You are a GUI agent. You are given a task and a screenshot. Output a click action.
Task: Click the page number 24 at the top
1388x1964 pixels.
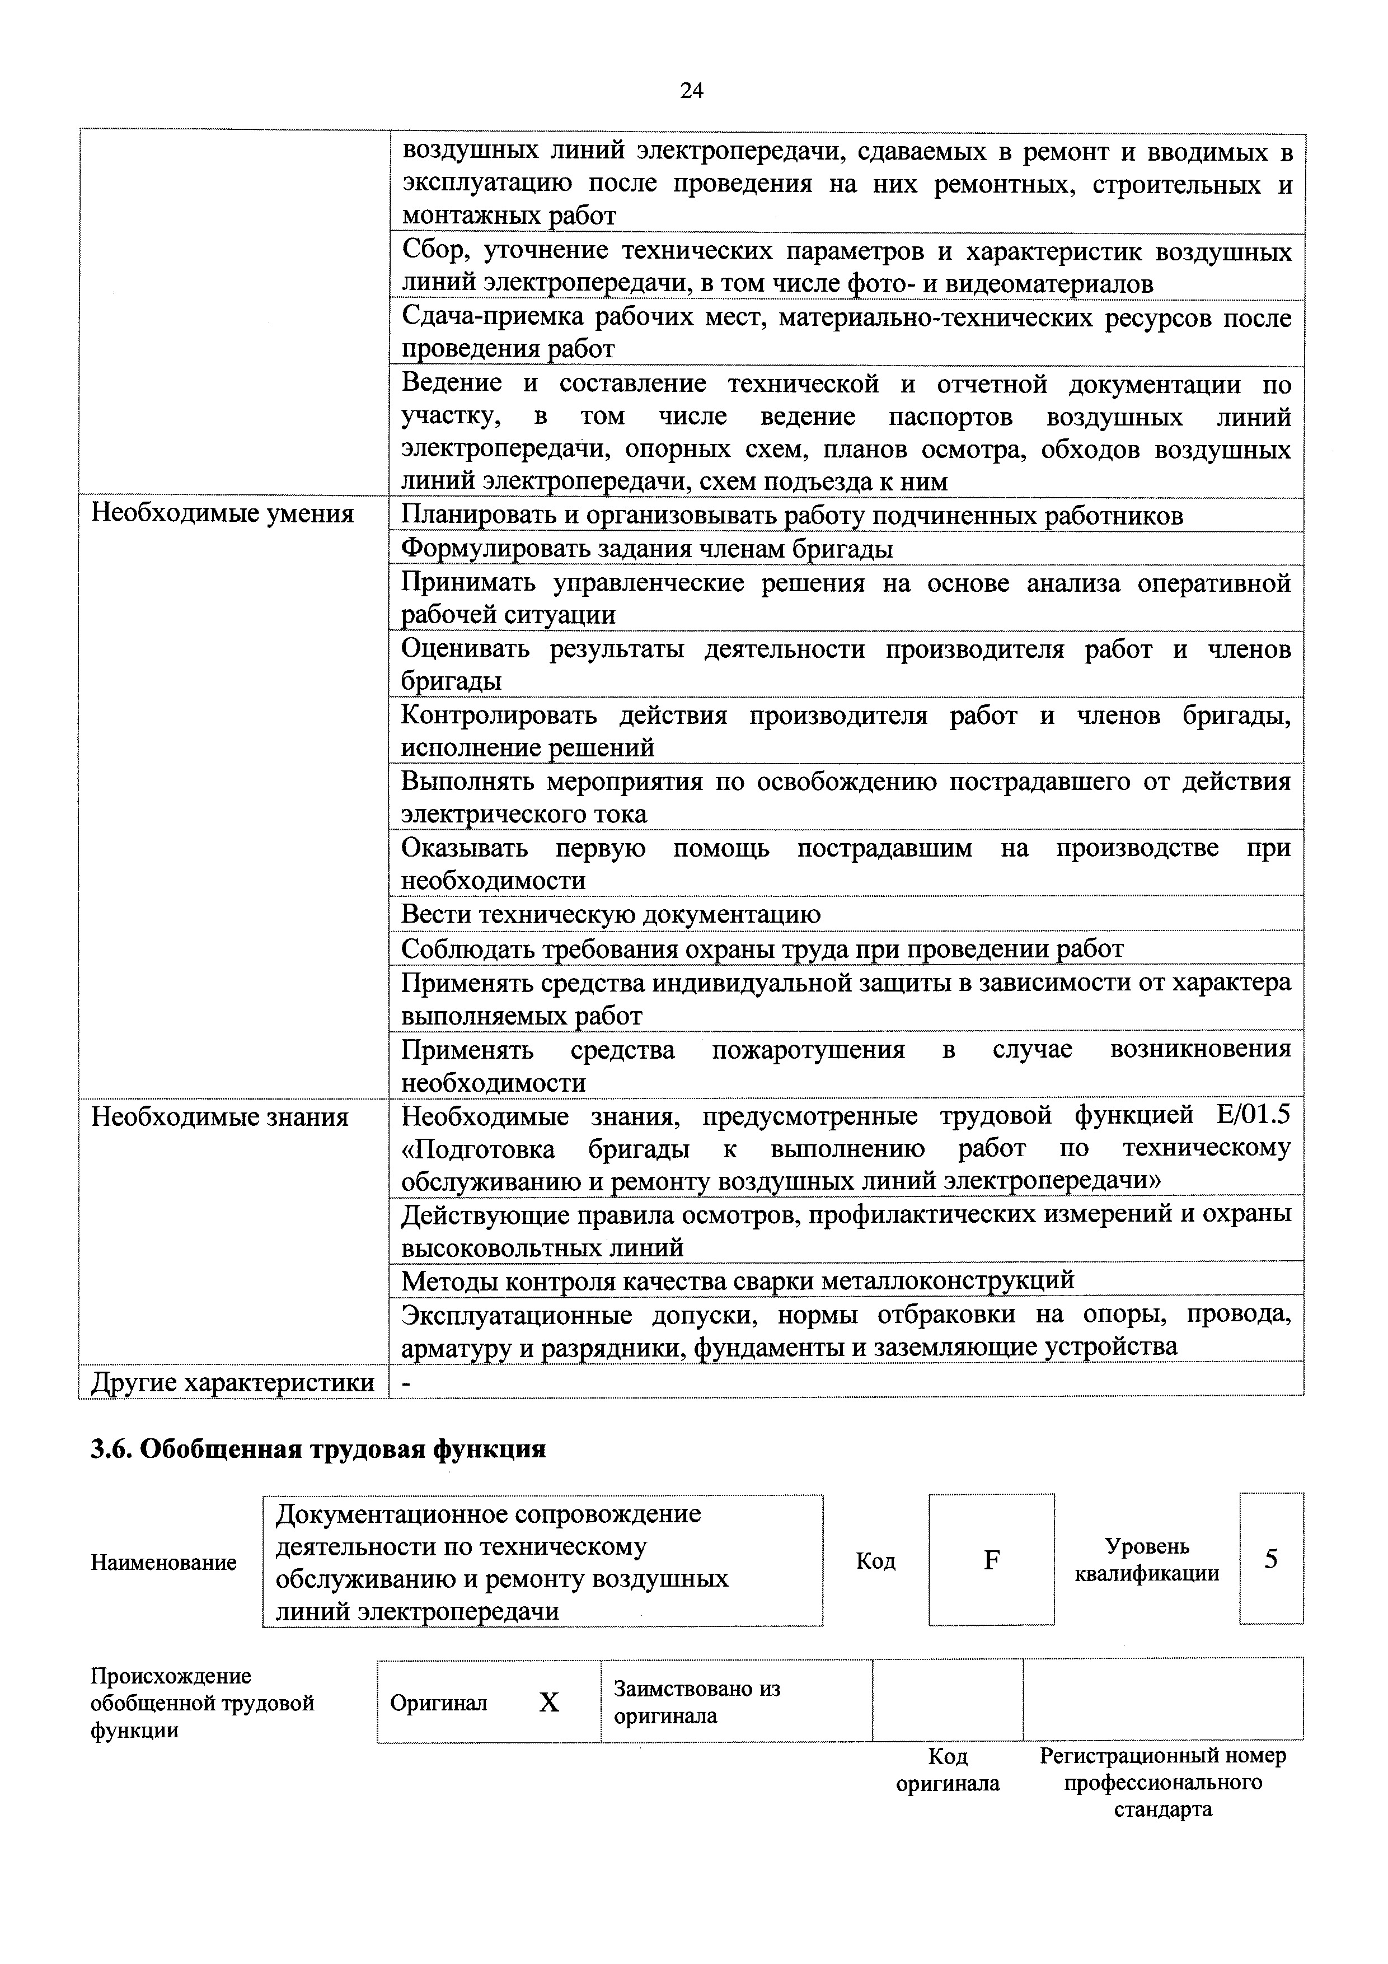pyautogui.click(x=691, y=91)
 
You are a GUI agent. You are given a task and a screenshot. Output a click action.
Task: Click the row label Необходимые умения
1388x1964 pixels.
pyautogui.click(x=222, y=513)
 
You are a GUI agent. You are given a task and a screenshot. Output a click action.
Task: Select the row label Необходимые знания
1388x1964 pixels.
pyautogui.click(x=220, y=1116)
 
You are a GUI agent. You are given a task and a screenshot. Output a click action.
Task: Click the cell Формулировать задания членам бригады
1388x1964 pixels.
pyautogui.click(x=648, y=548)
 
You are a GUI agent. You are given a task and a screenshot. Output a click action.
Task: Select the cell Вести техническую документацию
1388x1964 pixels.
pyautogui.click(x=611, y=914)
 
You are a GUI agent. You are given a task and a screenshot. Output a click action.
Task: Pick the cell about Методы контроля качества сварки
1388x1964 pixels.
pyautogui.click(x=737, y=1280)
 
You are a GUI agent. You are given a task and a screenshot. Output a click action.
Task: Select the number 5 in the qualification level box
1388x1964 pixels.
pyautogui.click(x=1271, y=1559)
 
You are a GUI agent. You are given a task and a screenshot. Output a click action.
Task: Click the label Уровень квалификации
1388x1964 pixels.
pyautogui.click(x=1147, y=1559)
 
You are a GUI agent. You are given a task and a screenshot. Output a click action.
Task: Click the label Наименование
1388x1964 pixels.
pyautogui.click(x=163, y=1562)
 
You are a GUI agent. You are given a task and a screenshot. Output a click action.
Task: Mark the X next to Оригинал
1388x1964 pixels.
pyautogui.click(x=549, y=1703)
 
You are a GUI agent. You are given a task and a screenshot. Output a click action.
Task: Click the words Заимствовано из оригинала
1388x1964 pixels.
pyautogui.click(x=697, y=1702)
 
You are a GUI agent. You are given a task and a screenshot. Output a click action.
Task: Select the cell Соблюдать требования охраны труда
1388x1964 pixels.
pyautogui.click(x=762, y=948)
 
